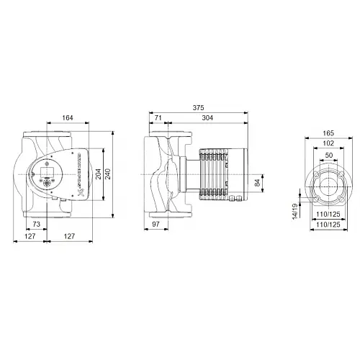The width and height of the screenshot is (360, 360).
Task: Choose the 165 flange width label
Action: [x=328, y=132]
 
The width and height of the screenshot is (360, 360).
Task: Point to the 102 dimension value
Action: [x=328, y=143]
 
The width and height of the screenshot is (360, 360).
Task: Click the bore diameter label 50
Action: [x=328, y=156]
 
